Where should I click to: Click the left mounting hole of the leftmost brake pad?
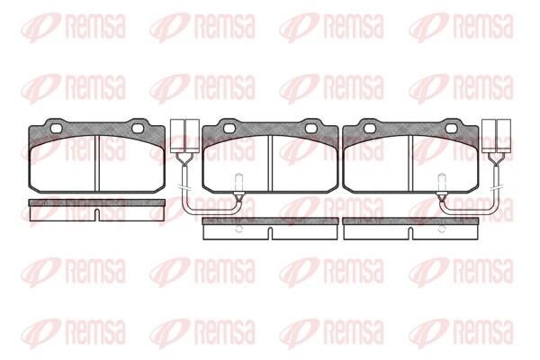click(x=56, y=129)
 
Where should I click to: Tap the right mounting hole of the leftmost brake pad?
click(x=138, y=129)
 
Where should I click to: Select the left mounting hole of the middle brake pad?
click(x=229, y=129)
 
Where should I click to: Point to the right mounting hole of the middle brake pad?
click(x=311, y=129)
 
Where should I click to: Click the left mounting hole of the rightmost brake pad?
click(x=370, y=129)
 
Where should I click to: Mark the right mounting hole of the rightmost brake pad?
click(x=452, y=129)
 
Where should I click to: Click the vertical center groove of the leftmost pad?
click(x=97, y=163)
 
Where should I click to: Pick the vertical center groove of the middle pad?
click(x=270, y=163)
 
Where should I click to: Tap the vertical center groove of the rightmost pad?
click(x=410, y=163)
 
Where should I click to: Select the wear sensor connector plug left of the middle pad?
click(x=184, y=136)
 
